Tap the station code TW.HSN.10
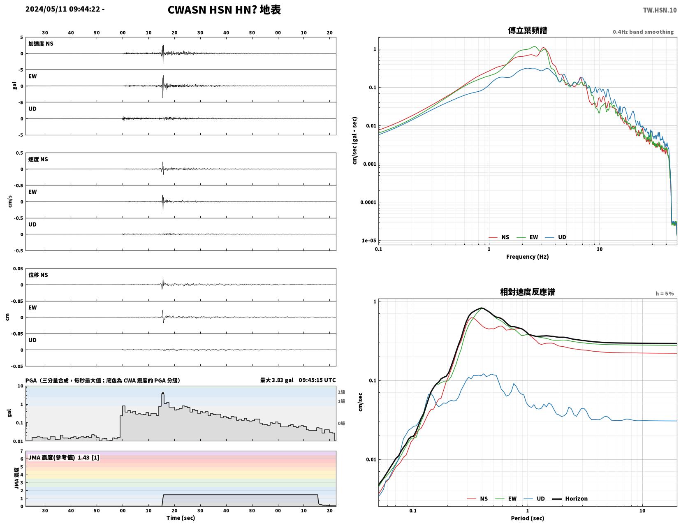(660, 10)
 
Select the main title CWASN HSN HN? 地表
(224, 10)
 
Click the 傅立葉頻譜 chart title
(528, 30)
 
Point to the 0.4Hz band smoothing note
(643, 32)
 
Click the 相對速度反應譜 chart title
(528, 292)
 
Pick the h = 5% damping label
(665, 294)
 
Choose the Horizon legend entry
(570, 498)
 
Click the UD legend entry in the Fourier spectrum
(555, 237)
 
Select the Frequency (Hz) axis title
(528, 257)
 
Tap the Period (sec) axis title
(528, 518)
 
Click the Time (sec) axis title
(181, 518)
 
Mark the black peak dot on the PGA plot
(163, 394)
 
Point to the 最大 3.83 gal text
(277, 380)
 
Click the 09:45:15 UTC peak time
(317, 380)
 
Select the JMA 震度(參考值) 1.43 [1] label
(64, 457)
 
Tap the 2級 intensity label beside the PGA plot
(341, 392)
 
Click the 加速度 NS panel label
(41, 44)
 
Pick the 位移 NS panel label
(38, 275)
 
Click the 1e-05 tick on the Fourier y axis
(368, 241)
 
